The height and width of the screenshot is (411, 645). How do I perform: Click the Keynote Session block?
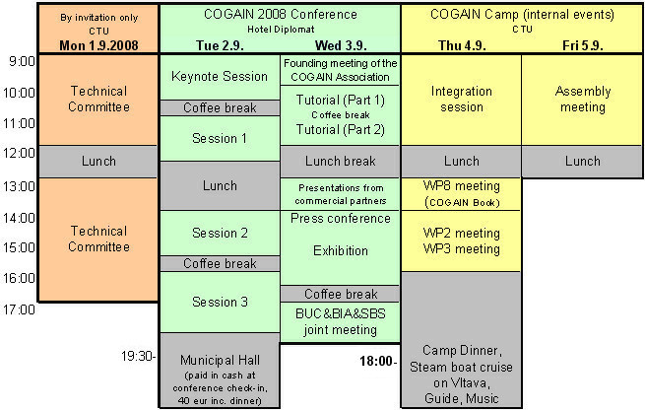(x=219, y=77)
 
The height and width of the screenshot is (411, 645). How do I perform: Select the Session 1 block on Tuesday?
(x=219, y=138)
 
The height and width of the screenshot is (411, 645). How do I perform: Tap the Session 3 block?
(x=219, y=302)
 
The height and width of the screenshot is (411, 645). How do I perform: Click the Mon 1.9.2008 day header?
(x=97, y=45)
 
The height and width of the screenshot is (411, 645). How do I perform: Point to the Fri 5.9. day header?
(x=582, y=45)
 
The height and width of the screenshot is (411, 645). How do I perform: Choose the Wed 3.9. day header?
(x=340, y=45)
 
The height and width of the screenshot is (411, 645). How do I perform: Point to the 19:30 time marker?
(x=138, y=355)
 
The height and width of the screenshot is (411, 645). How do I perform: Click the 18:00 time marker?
(x=378, y=361)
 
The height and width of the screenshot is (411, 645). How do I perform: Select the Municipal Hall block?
(x=219, y=370)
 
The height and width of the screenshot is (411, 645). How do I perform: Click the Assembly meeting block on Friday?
(x=582, y=100)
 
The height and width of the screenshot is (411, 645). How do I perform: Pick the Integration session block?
(x=461, y=100)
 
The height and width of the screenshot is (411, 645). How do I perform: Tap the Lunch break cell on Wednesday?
(x=340, y=162)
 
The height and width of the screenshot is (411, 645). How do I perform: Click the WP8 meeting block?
(x=461, y=193)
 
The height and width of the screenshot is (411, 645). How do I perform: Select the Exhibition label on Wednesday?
(x=340, y=251)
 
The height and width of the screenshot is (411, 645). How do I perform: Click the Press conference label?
(x=340, y=219)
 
